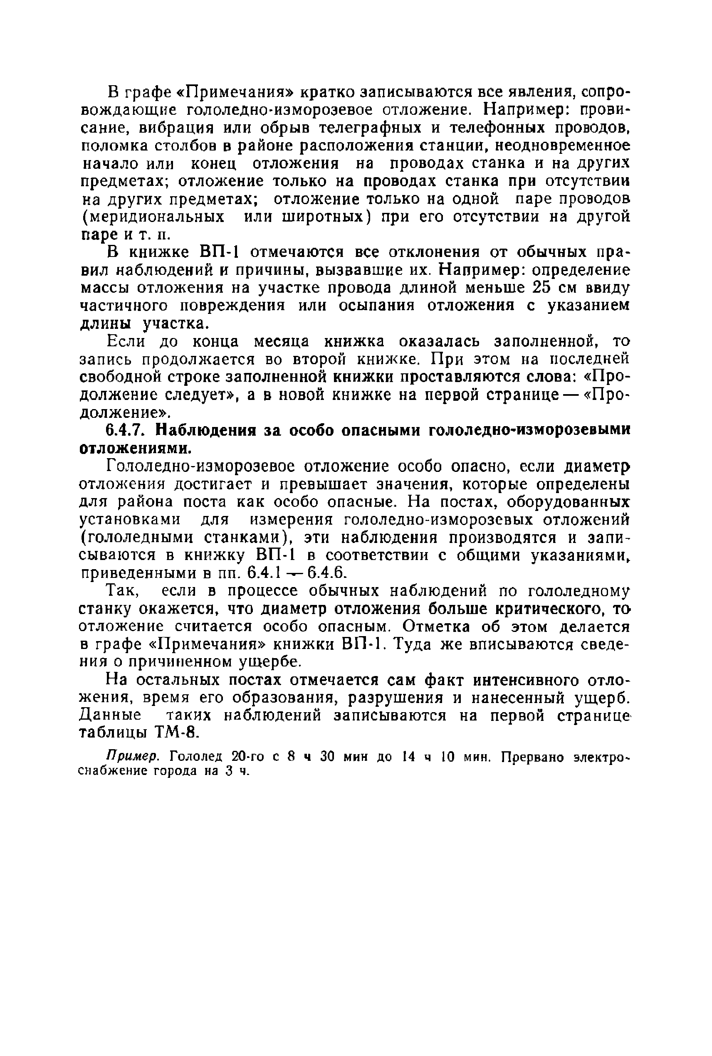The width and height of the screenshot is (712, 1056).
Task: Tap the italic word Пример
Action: pyautogui.click(x=132, y=757)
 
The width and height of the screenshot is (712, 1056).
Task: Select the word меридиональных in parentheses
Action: pyautogui.click(x=152, y=217)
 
